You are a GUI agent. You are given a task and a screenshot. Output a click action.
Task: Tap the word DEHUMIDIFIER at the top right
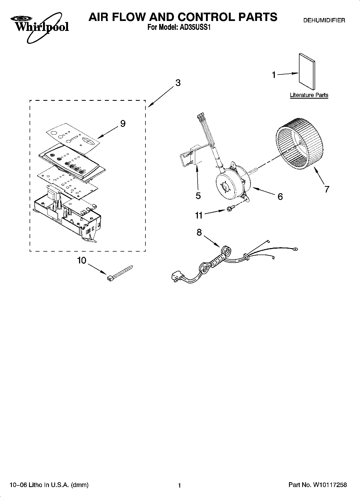[324, 20]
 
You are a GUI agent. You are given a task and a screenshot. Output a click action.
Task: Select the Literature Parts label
[309, 95]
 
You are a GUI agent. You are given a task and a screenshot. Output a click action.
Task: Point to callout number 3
[178, 83]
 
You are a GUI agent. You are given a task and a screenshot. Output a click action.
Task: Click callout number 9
[123, 124]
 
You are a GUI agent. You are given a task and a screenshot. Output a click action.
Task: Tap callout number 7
[326, 189]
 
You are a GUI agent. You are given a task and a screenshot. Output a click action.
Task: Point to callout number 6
[280, 196]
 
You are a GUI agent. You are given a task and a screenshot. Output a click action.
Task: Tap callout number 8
[199, 232]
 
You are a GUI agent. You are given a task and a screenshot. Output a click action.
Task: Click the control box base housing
[67, 218]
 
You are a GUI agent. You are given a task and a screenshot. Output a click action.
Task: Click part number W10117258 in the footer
[329, 485]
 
